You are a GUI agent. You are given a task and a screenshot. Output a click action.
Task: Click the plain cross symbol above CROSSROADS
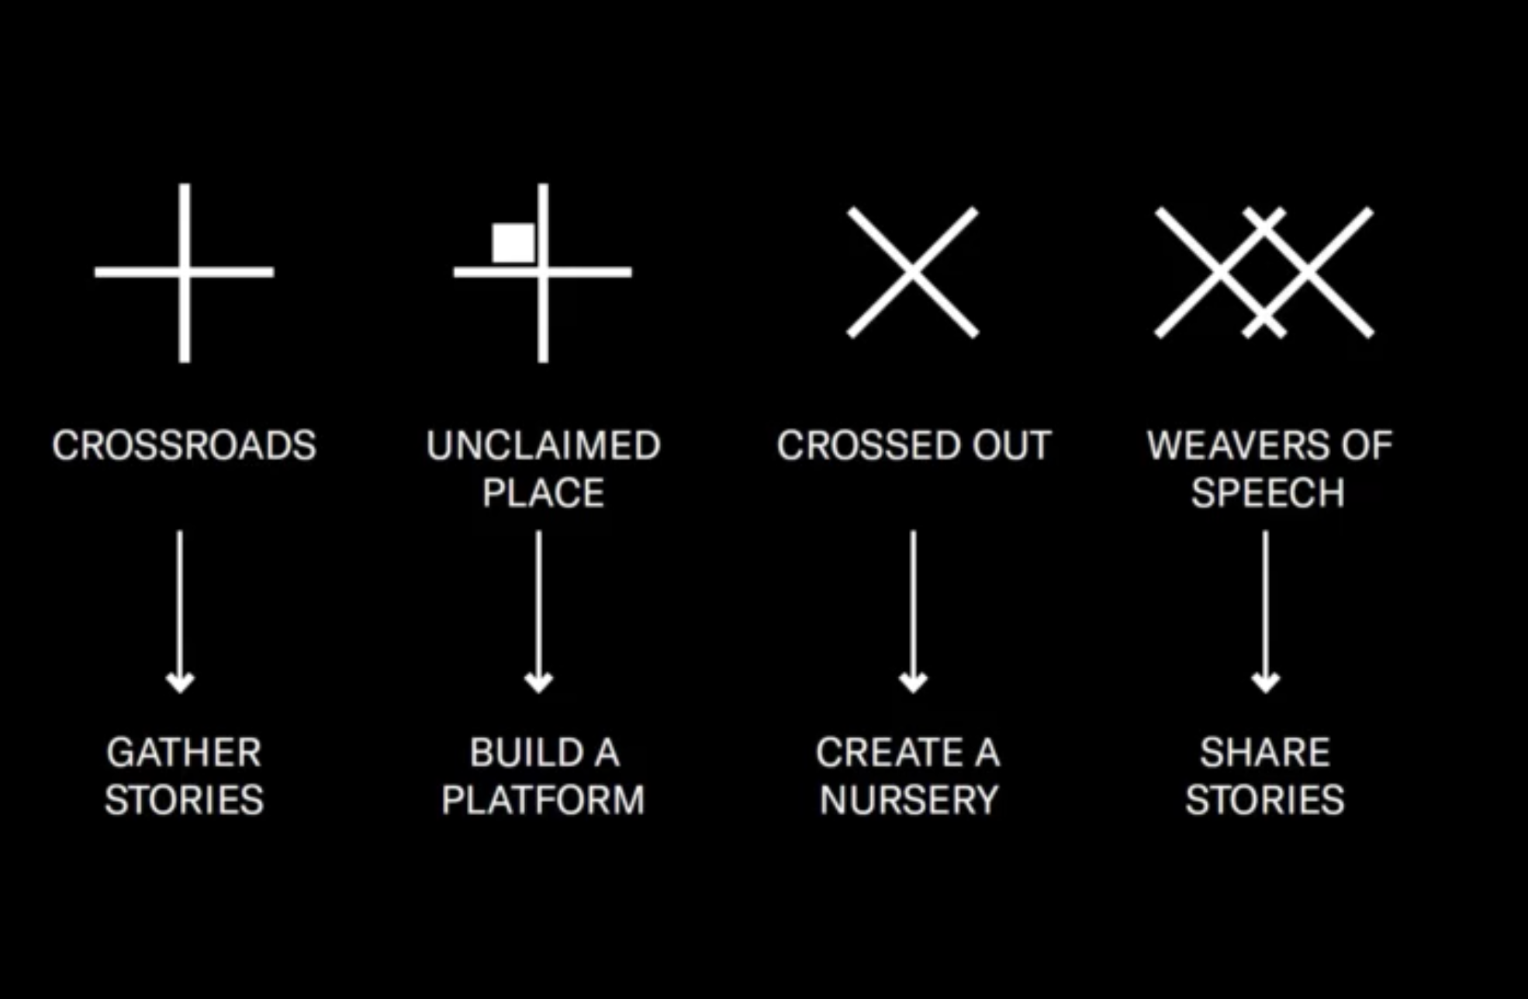point(185,272)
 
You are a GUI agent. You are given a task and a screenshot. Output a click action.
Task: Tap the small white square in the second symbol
point(513,243)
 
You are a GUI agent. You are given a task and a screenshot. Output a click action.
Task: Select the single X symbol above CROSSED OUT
point(913,272)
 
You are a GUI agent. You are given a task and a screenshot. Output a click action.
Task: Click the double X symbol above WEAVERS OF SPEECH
point(1264,272)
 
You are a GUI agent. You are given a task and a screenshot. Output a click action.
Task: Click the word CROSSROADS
point(185,445)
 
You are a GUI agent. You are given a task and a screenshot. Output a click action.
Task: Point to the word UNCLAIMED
point(543,445)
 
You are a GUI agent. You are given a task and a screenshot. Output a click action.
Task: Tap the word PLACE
point(543,493)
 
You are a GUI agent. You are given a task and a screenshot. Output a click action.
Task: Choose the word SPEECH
point(1268,493)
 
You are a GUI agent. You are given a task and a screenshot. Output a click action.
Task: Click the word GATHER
point(185,752)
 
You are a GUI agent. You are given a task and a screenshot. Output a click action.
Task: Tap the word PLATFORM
point(543,800)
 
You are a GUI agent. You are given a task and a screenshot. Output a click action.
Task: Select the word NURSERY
point(909,800)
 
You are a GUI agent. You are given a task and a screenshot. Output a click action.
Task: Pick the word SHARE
point(1265,752)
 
